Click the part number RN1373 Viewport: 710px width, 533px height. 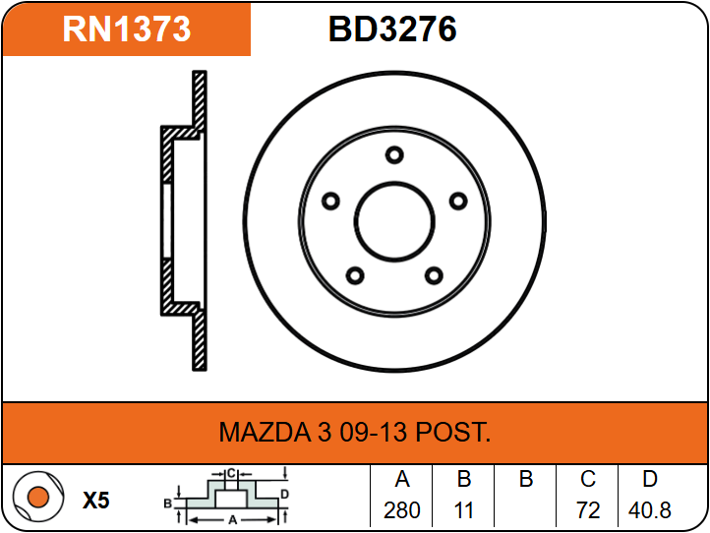127,30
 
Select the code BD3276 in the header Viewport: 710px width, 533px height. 392,30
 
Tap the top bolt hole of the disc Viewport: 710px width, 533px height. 394,155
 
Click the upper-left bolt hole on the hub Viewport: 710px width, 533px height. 330,201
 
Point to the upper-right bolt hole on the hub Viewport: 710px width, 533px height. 458,201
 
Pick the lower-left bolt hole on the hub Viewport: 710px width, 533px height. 355,275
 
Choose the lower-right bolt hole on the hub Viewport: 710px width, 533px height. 434,275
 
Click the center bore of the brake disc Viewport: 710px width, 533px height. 394,222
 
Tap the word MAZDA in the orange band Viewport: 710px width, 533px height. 265,432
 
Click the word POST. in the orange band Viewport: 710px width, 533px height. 452,432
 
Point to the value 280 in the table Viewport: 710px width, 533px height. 401,510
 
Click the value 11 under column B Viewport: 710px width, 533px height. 464,510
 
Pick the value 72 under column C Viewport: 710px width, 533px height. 588,510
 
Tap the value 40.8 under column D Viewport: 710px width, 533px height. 649,510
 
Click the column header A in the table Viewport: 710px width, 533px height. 402,479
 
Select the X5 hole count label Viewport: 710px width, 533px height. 96,501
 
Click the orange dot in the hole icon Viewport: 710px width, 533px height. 38,497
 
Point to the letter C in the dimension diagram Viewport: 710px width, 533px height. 231,474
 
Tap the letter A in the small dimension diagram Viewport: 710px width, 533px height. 233,520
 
